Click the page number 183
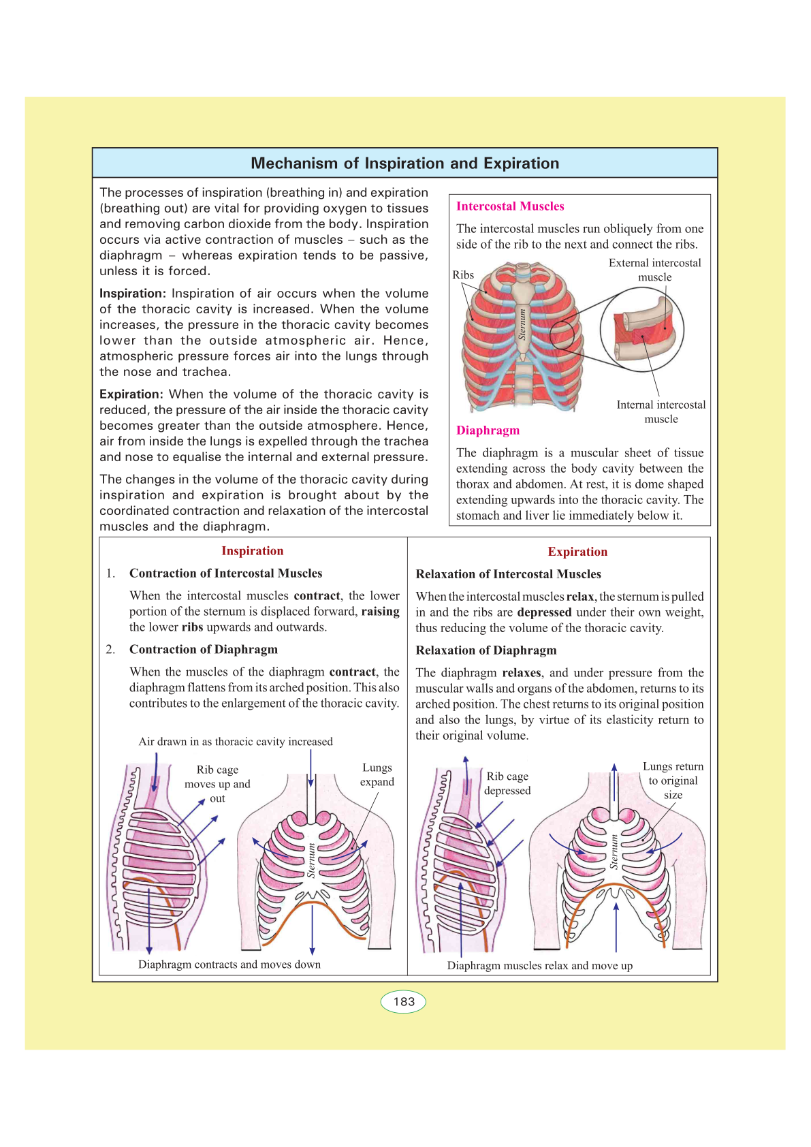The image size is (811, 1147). pos(404,1001)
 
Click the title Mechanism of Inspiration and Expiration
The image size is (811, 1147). pos(404,163)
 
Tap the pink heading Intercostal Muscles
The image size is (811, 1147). pos(510,206)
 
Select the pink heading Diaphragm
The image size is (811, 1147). pos(488,430)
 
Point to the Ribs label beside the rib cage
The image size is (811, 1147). pos(463,275)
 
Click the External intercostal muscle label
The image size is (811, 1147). pos(654,270)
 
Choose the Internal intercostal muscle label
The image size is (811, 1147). pos(661,411)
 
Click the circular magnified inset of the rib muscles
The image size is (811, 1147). pos(641,330)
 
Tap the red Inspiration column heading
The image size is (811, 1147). pos(252,551)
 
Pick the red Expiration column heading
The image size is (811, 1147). pos(577,552)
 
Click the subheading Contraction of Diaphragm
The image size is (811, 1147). pos(204,650)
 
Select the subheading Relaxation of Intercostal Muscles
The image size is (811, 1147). pos(508,574)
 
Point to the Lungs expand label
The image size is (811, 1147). pos(377,774)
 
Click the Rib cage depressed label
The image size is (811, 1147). pos(507,783)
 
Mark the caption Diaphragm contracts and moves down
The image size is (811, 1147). pos(229,964)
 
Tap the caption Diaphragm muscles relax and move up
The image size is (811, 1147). pos(539,966)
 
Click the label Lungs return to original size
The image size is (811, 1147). pos(673,781)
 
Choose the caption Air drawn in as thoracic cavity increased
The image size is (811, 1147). pos(236,742)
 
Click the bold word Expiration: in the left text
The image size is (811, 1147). pos(131,394)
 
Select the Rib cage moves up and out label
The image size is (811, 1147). pos(217,784)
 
